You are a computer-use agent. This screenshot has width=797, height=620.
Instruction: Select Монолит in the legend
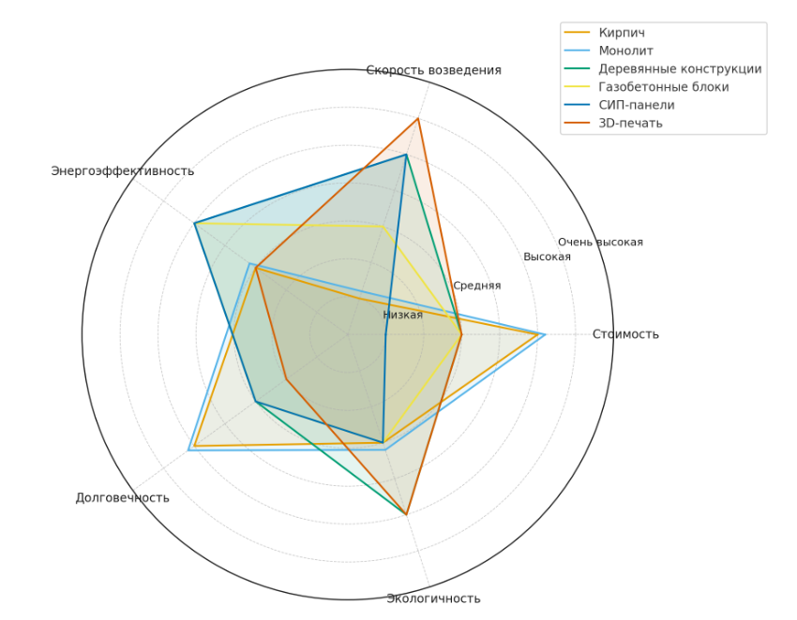[625, 51]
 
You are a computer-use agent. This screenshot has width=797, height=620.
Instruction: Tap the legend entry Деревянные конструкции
[680, 68]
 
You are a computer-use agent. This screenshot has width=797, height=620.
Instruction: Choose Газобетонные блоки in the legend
[663, 87]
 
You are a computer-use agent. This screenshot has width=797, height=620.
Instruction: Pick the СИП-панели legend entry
[636, 105]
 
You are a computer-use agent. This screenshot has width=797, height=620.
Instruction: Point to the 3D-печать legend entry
[630, 123]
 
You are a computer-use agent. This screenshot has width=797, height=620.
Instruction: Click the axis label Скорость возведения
[433, 70]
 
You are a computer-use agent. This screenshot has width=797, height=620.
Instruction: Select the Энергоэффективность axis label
[123, 170]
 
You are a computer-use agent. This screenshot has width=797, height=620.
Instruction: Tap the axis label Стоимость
[625, 334]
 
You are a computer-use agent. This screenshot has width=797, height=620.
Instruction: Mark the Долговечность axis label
[123, 497]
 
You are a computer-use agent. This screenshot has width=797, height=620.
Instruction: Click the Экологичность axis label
[433, 598]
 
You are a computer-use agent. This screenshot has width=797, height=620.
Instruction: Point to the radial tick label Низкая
[402, 315]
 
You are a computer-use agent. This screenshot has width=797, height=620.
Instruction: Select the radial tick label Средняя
[476, 286]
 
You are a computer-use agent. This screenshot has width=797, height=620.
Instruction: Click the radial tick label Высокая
[547, 257]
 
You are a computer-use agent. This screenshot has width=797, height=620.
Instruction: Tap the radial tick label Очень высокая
[600, 242]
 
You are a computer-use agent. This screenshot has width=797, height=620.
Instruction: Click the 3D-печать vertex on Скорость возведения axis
[418, 119]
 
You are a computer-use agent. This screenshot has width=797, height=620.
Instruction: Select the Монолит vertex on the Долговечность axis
[188, 450]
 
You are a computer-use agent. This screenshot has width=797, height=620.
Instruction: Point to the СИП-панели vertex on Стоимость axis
[385, 334]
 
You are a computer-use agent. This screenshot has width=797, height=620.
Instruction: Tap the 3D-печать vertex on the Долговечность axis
[285, 379]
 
